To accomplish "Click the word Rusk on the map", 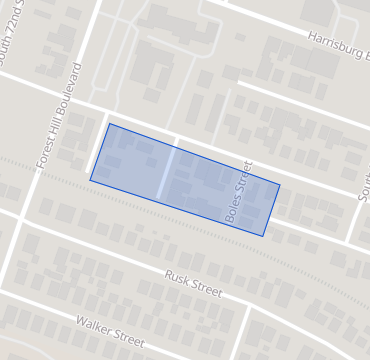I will coord(178,278).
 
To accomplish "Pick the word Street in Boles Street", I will coord(245,176).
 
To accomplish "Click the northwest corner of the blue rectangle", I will coord(108,124).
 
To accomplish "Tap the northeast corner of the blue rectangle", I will coord(279,184).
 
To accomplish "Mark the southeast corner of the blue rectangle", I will coord(264,236).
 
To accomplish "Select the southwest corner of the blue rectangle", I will coord(90,180).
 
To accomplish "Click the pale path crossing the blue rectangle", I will coord(167,174).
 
